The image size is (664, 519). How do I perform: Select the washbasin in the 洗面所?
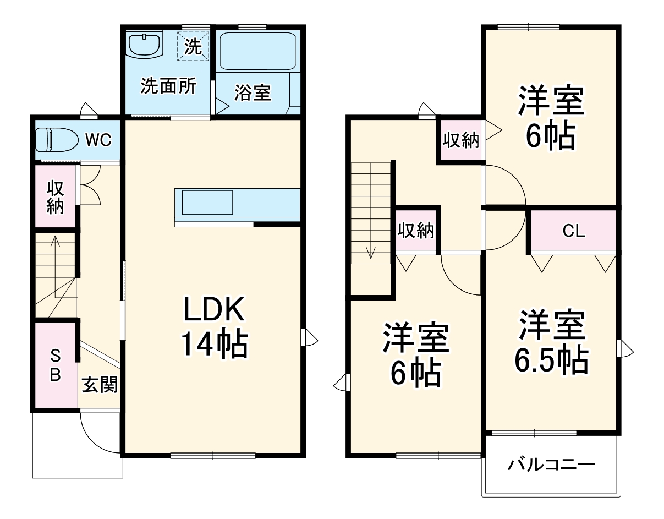tap(145, 44)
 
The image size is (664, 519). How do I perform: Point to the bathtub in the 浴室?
tap(257, 51)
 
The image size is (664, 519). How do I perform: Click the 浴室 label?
tap(253, 92)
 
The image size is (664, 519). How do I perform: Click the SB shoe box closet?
tap(56, 365)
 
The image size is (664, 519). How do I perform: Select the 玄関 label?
tap(99, 385)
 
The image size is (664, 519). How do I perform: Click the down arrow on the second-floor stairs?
tap(372, 253)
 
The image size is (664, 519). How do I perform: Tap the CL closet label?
tap(573, 231)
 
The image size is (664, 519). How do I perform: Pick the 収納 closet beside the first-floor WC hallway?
tap(55, 196)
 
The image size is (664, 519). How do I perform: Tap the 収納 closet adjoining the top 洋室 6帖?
tap(461, 140)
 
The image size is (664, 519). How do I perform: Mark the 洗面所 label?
tap(168, 86)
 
